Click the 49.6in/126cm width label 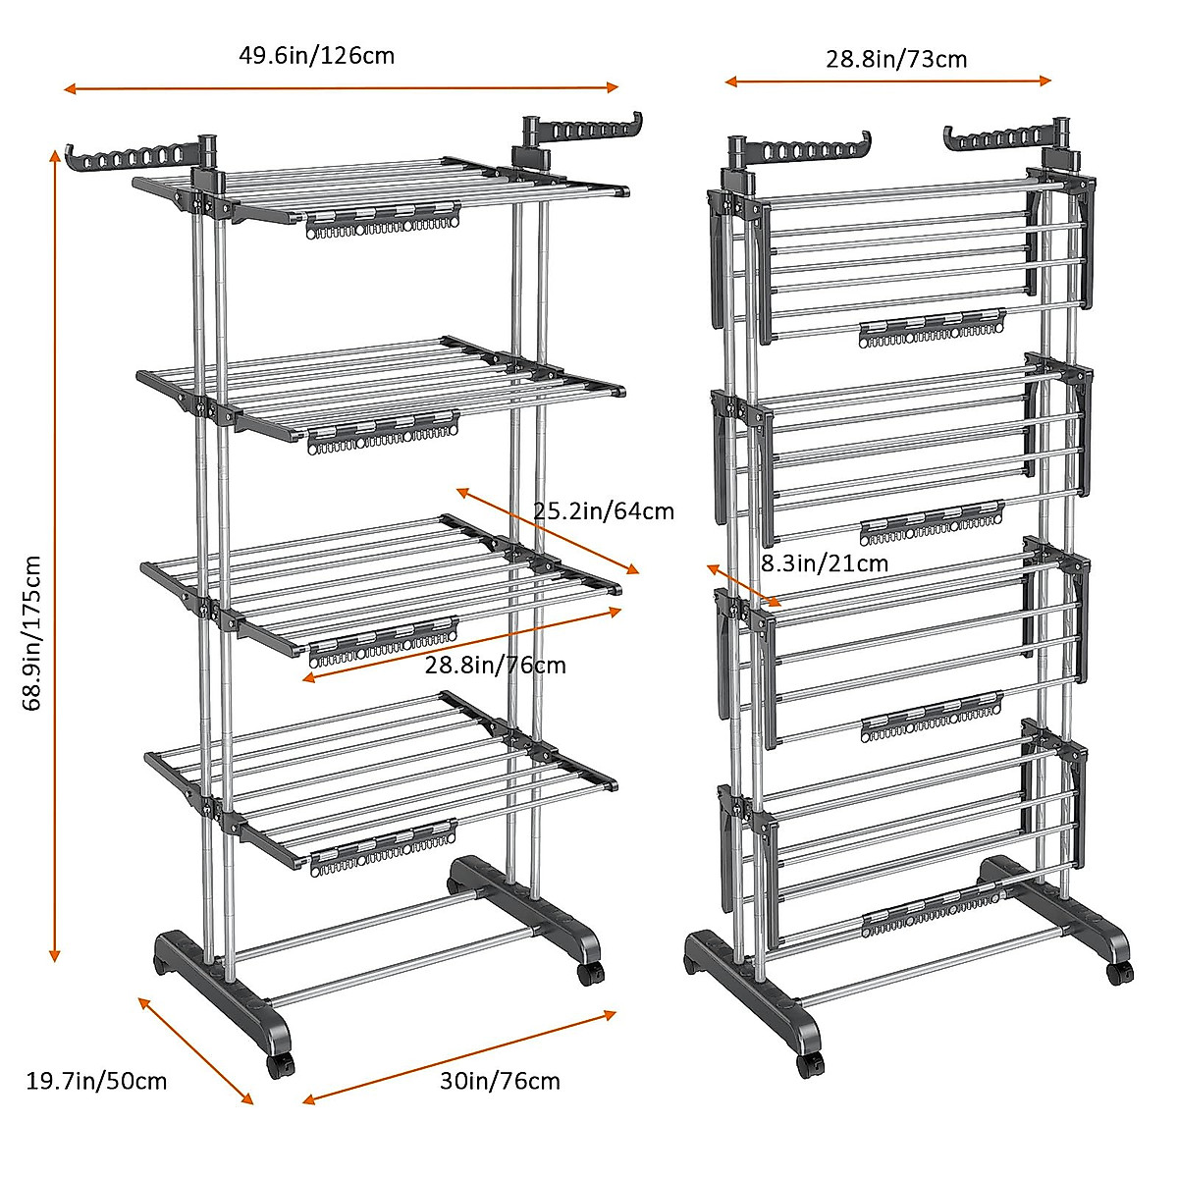click(316, 55)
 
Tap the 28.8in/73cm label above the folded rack click(895, 59)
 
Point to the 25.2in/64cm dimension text click(603, 510)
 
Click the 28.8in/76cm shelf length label click(495, 665)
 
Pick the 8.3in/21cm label click(825, 562)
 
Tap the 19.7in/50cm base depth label click(96, 1081)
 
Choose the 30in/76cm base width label click(500, 1081)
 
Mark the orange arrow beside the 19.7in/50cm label click(195, 1050)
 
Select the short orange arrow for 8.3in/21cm click(743, 585)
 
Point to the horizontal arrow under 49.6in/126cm click(341, 88)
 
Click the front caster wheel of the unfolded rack click(279, 1065)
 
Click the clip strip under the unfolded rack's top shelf click(383, 221)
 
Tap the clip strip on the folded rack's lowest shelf click(931, 913)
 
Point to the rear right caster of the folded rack click(1118, 972)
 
